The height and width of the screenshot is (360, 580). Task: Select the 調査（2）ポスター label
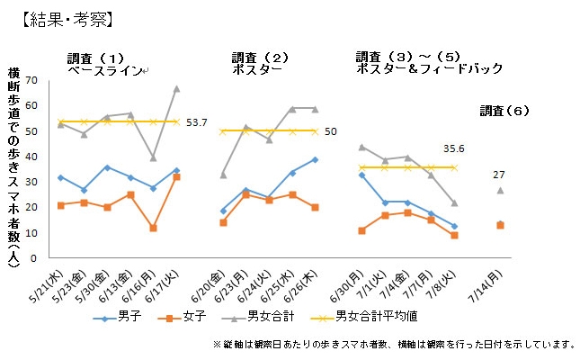click(x=261, y=63)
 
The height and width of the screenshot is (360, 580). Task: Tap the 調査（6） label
click(x=505, y=111)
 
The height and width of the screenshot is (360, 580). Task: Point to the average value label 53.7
click(x=197, y=122)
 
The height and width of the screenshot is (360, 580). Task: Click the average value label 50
click(x=330, y=131)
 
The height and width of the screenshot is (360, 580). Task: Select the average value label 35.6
click(x=455, y=149)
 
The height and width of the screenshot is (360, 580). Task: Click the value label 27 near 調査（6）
click(x=500, y=175)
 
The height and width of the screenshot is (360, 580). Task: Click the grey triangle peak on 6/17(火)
click(x=176, y=88)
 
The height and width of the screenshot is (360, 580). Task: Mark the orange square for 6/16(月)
click(x=154, y=228)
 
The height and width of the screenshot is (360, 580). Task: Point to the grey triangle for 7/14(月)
click(x=500, y=190)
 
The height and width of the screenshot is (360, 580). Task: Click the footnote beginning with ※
click(x=394, y=344)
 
